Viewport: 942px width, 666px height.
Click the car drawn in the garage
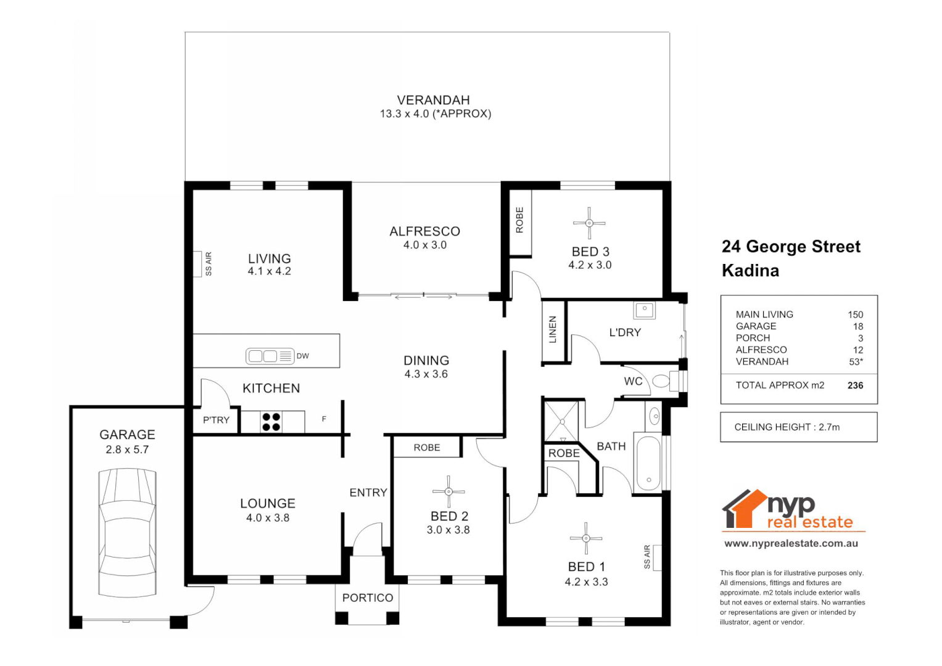(x=127, y=532)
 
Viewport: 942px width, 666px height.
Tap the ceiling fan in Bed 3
(x=589, y=223)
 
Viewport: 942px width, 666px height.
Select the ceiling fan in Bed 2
(x=448, y=491)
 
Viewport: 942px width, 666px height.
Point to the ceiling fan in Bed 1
(x=586, y=538)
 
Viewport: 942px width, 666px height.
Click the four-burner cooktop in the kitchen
(x=271, y=422)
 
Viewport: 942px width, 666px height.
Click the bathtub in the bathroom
(x=648, y=464)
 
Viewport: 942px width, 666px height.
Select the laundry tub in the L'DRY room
(x=644, y=309)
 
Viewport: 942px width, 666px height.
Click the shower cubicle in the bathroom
(x=562, y=422)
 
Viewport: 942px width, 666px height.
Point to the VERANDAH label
(x=433, y=100)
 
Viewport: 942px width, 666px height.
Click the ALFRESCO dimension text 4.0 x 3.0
(x=424, y=245)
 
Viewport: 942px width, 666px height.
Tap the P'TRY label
(x=216, y=420)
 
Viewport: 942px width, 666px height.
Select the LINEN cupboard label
(x=553, y=330)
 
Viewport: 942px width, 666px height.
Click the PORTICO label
(x=368, y=598)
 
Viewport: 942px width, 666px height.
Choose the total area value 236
(x=855, y=385)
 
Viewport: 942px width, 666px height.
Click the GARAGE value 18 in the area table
(x=857, y=326)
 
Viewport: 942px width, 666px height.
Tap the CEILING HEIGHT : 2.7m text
(x=787, y=427)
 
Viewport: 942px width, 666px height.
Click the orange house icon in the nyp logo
(x=745, y=509)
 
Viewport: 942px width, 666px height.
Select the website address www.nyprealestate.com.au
(x=791, y=544)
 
